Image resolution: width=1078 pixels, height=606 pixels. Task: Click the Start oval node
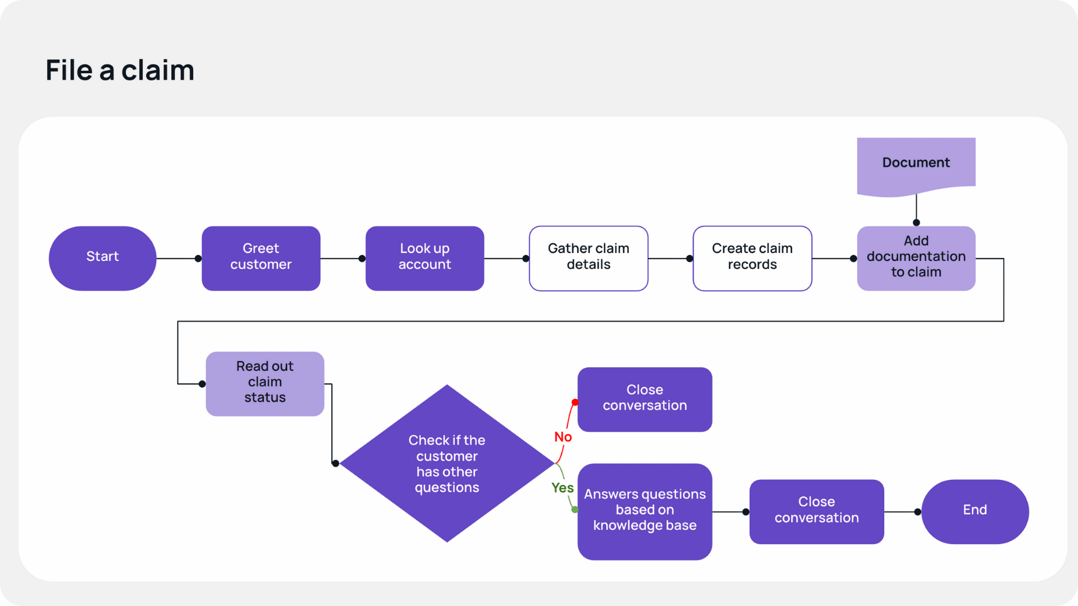[102, 258]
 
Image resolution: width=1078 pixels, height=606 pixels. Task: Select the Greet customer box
[261, 258]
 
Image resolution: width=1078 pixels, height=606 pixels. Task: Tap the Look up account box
[424, 258]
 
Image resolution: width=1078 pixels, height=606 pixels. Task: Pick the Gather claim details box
[588, 258]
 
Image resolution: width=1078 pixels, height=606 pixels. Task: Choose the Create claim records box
[752, 258]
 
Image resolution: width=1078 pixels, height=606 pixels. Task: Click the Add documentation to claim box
[916, 258]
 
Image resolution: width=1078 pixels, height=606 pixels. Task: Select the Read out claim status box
[265, 384]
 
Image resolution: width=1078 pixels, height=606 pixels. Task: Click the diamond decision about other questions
[447, 463]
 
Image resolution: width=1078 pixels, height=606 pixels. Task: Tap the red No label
[563, 437]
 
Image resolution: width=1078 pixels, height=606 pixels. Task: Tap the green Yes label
[562, 488]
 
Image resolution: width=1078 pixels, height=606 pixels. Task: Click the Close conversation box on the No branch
[645, 399]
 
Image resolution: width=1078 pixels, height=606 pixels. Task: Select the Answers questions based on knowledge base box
[645, 511]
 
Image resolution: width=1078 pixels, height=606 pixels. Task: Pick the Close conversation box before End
[816, 511]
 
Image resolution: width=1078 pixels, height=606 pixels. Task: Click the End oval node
[975, 511]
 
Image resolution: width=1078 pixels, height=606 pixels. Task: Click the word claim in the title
[158, 71]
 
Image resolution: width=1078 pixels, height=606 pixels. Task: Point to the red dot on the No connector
[575, 402]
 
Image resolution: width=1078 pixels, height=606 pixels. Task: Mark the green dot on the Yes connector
[575, 509]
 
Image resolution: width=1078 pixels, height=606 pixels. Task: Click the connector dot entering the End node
[917, 512]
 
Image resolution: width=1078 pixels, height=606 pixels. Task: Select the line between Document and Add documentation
[916, 209]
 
